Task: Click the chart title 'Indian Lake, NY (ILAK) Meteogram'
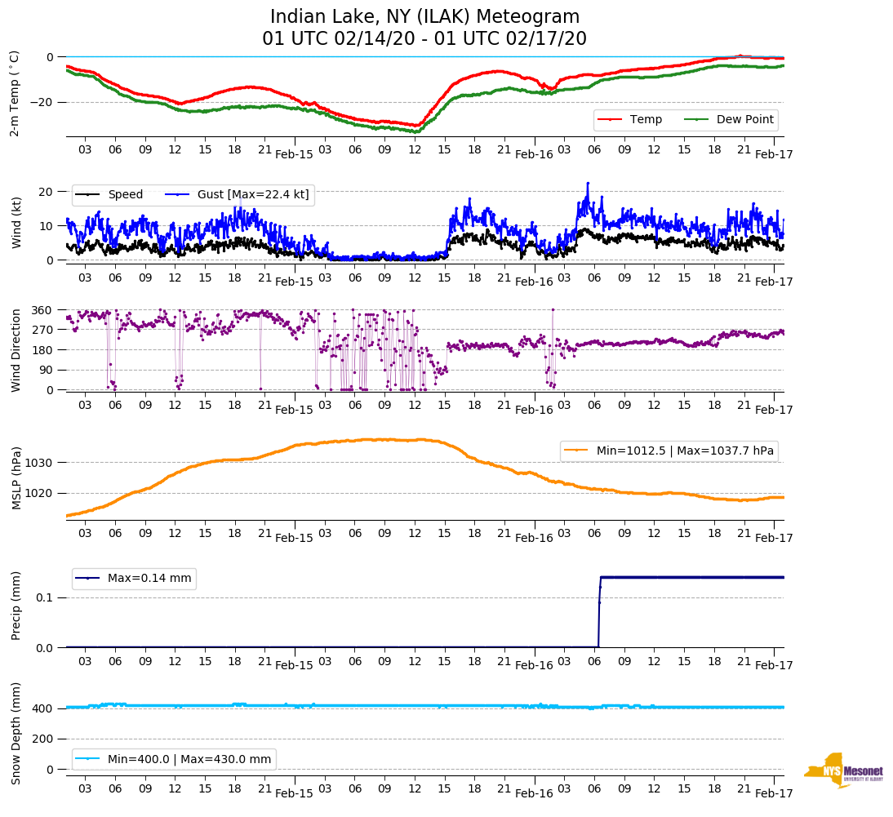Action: tap(424, 17)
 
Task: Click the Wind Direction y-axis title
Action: tap(16, 349)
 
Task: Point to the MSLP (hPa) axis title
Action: tap(16, 477)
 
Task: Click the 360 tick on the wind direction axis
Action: tap(43, 310)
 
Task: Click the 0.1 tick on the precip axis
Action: tap(45, 597)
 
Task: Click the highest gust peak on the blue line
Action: tap(587, 183)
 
